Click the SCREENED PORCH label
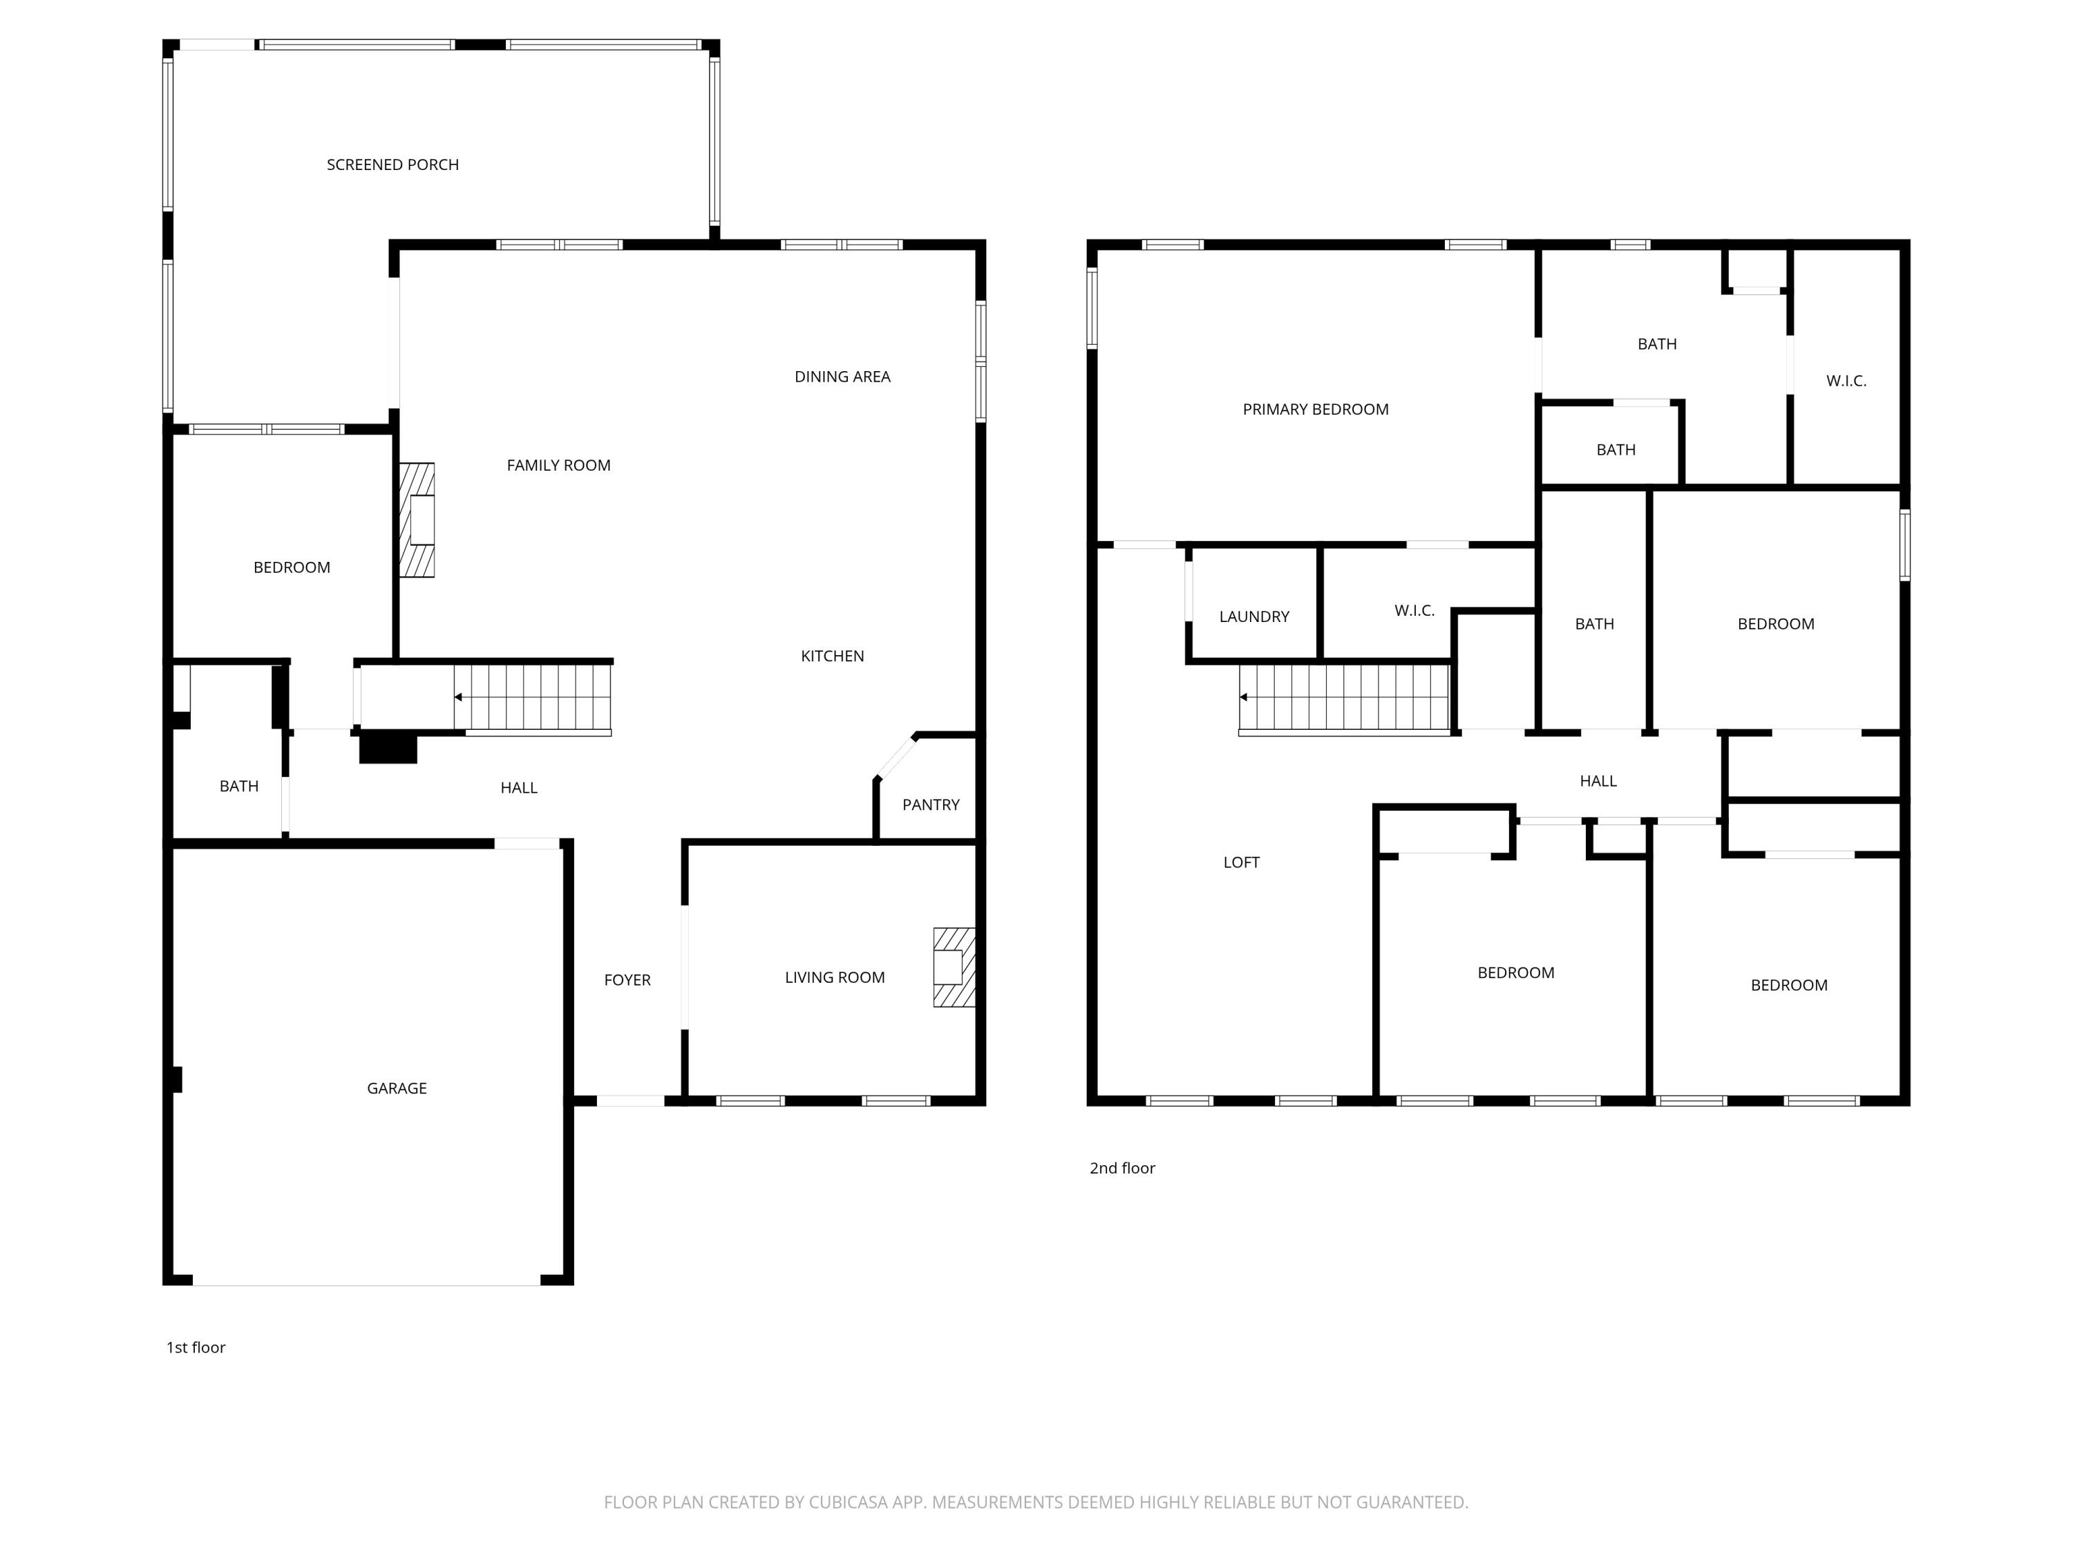tap(392, 165)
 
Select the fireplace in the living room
tap(953, 968)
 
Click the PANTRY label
tap(931, 805)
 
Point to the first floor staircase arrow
tap(458, 697)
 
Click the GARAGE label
tap(397, 1088)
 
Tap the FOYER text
tap(627, 981)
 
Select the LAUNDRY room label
tap(1254, 616)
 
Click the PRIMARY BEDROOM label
tap(1315, 410)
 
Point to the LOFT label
tap(1241, 863)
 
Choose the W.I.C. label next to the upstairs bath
tap(1845, 381)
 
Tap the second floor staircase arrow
tap(1244, 697)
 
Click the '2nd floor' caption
tap(1121, 1168)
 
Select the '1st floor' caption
tap(196, 1348)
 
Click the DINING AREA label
tap(842, 377)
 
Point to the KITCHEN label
tap(832, 656)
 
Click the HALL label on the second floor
tap(1598, 781)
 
